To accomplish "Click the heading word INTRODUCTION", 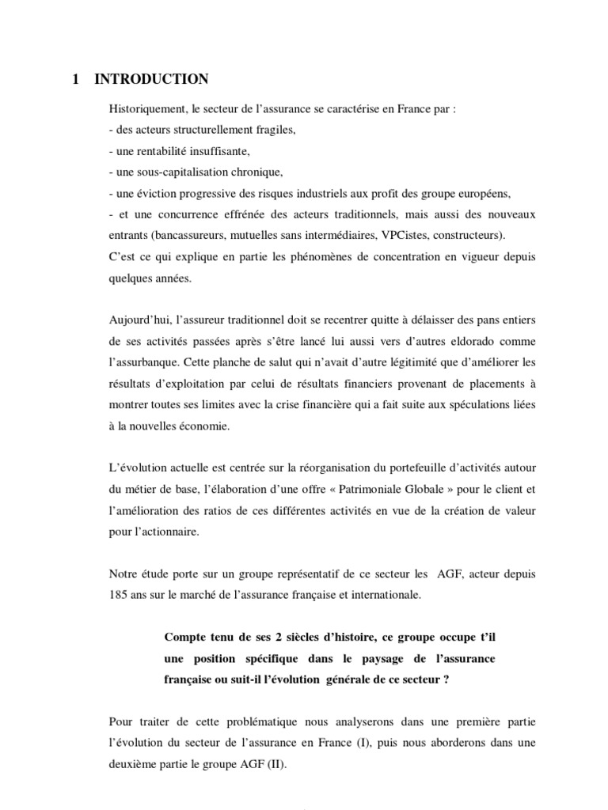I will coord(151,79).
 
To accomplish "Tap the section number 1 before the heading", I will coord(75,79).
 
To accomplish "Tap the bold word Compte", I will coord(187,638).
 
